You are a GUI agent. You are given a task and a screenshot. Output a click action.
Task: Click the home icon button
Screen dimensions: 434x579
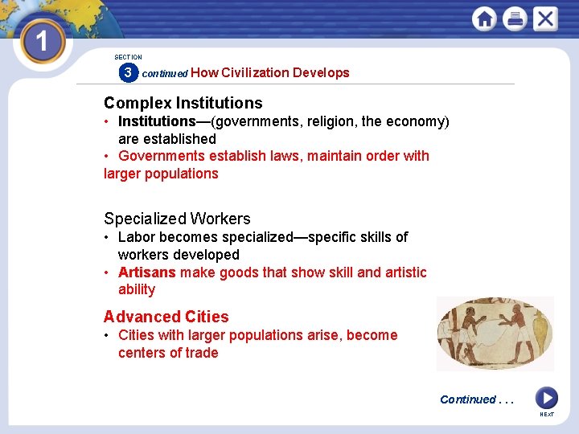pyautogui.click(x=484, y=18)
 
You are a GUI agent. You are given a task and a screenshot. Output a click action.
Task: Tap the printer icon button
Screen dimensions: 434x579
pyautogui.click(x=515, y=18)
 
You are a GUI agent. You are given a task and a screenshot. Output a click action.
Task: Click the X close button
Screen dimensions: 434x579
pyautogui.click(x=545, y=18)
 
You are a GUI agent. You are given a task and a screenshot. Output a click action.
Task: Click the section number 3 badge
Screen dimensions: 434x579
pyautogui.click(x=127, y=73)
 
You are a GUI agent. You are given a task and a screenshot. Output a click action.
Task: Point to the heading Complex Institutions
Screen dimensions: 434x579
pyautogui.click(x=183, y=103)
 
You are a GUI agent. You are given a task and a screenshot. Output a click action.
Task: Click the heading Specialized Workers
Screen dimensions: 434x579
pyautogui.click(x=177, y=219)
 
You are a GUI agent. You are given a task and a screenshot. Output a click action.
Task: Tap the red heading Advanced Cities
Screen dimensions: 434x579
pyautogui.click(x=166, y=317)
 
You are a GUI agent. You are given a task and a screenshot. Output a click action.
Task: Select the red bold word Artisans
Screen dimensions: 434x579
pyautogui.click(x=146, y=272)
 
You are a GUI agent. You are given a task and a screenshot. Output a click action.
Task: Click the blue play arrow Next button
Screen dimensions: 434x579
pyautogui.click(x=546, y=398)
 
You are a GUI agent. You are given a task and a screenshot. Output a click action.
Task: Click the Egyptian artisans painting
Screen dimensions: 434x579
pyautogui.click(x=495, y=334)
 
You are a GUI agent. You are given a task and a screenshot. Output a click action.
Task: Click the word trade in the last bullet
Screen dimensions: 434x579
pyautogui.click(x=201, y=353)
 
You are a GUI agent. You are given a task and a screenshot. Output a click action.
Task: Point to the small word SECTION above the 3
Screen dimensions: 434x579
pyautogui.click(x=128, y=57)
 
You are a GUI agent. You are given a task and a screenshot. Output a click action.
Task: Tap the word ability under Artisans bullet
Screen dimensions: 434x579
pyautogui.click(x=136, y=290)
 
